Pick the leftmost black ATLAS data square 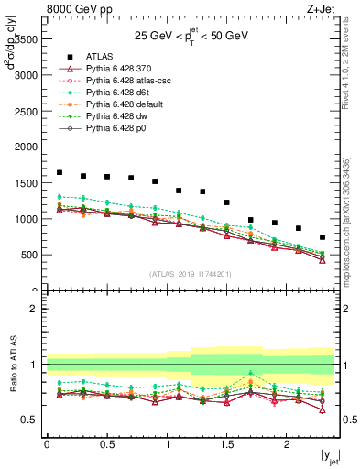pos(60,172)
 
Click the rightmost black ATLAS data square pos(322,237)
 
